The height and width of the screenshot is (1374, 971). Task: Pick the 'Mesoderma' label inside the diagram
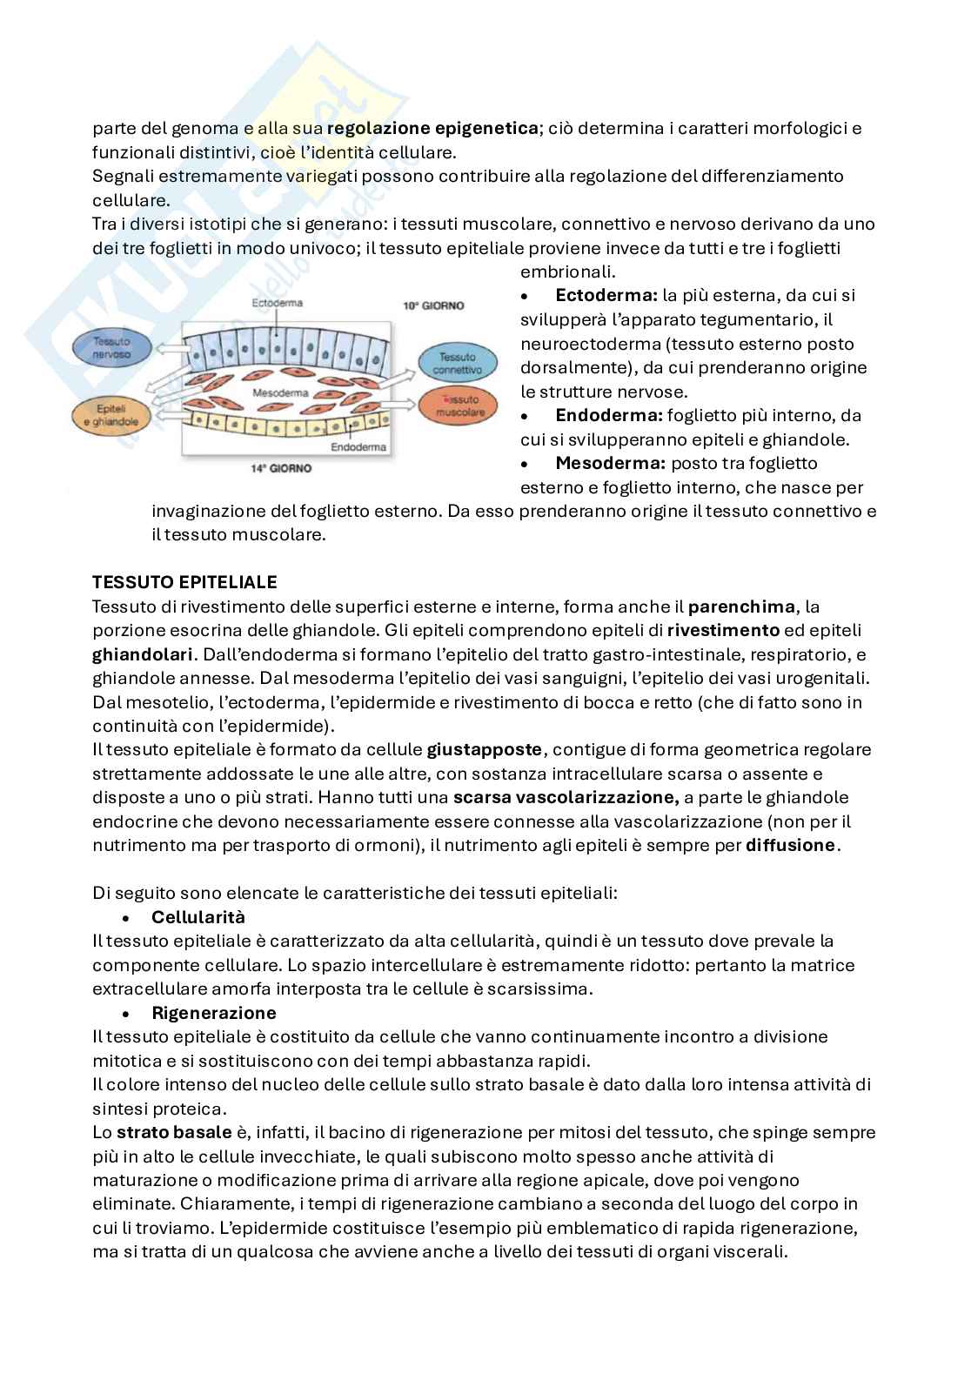[x=276, y=393]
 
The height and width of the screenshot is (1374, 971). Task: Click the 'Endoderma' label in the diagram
[x=358, y=448]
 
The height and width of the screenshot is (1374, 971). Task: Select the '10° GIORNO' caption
[x=433, y=306]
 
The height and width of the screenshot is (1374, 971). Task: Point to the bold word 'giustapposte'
[x=484, y=749]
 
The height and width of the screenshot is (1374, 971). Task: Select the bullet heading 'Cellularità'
[x=198, y=917]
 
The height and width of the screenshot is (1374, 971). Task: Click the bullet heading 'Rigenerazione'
[x=213, y=1013]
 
